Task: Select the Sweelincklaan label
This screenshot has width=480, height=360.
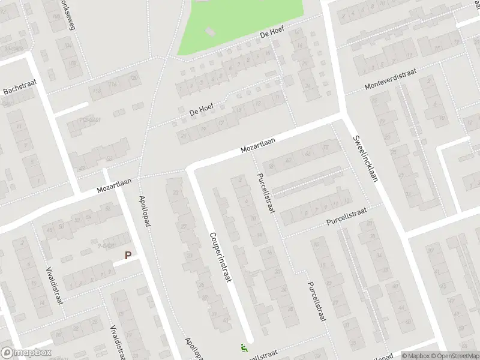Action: (x=364, y=157)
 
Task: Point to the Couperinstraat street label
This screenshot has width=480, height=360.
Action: (x=220, y=257)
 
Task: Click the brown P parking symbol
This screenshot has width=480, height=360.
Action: (x=128, y=255)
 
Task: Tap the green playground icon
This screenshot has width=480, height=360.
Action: (x=243, y=347)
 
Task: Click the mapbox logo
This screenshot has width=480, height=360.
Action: (x=26, y=353)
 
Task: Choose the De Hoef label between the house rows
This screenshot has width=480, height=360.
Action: (x=202, y=110)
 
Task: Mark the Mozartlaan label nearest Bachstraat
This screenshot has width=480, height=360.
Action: (x=115, y=186)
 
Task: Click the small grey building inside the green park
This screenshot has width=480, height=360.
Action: (x=209, y=31)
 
